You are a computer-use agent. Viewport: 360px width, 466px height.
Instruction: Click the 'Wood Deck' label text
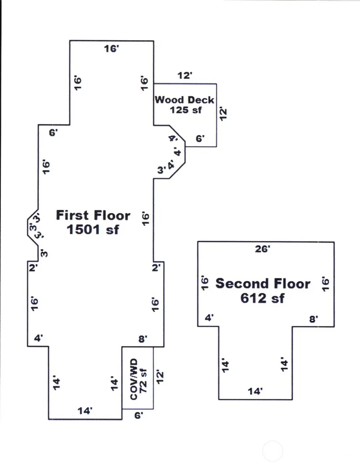[185, 99]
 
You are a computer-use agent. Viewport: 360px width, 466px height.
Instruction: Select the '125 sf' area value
[185, 110]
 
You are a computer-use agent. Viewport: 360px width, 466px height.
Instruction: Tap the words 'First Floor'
[93, 215]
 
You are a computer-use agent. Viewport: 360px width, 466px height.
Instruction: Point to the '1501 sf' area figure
[93, 230]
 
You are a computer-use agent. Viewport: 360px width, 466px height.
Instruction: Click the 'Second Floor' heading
[263, 284]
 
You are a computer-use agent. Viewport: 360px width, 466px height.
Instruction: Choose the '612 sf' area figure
[262, 298]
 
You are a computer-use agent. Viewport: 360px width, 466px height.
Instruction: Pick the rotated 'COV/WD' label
[134, 378]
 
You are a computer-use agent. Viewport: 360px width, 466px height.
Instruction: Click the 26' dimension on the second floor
[263, 249]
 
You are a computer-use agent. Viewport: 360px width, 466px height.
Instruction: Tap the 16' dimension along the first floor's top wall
[111, 49]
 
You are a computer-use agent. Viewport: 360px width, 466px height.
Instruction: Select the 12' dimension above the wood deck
[185, 75]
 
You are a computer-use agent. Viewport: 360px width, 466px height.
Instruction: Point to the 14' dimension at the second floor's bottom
[255, 391]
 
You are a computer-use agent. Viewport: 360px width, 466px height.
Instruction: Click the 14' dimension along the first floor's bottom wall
[85, 411]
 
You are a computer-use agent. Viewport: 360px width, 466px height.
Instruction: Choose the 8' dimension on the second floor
[313, 319]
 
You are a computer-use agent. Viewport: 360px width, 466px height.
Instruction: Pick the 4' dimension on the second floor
[209, 318]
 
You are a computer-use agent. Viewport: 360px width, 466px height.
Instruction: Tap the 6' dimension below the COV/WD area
[138, 416]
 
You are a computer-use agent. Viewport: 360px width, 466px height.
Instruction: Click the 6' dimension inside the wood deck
[200, 139]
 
